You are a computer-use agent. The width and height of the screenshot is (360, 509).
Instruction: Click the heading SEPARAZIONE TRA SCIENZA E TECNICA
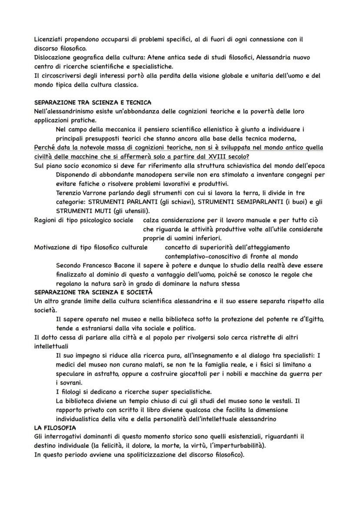[93, 103]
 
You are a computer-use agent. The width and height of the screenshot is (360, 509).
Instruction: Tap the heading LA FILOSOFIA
[55, 428]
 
